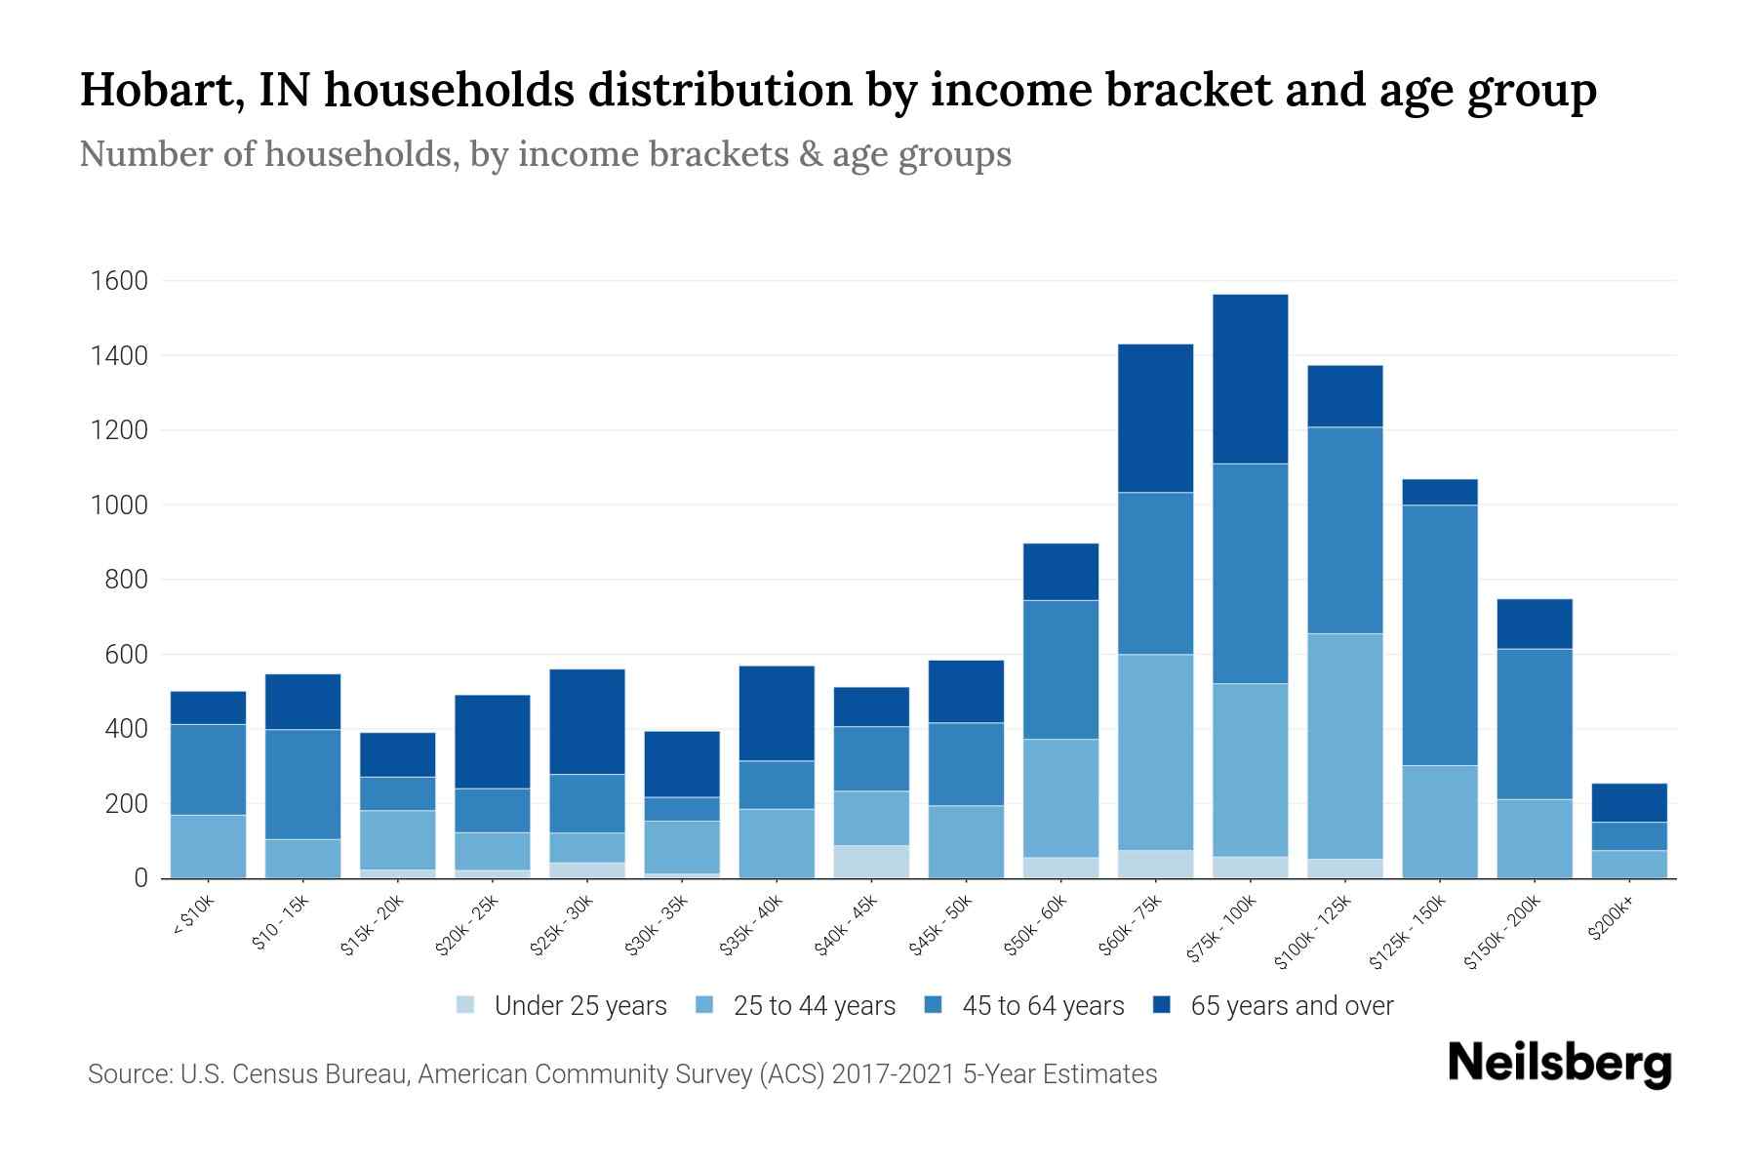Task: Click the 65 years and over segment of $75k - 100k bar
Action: [x=1250, y=379]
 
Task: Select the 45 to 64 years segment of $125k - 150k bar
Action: [x=1440, y=634]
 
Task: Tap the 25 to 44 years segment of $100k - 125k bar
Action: [x=1345, y=746]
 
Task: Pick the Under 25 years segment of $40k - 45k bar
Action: [x=871, y=862]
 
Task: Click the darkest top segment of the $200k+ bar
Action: [x=1629, y=802]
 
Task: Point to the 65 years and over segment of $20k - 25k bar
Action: [x=493, y=741]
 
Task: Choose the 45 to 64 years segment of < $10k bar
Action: [x=208, y=769]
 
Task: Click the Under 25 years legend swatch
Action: [x=466, y=1005]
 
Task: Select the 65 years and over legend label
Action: [x=1292, y=1006]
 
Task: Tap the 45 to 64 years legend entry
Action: [x=1042, y=1006]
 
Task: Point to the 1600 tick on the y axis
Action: [x=119, y=281]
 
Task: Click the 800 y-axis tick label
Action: [x=126, y=580]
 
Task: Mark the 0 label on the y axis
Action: [x=140, y=878]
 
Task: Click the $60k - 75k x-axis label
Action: [x=1131, y=924]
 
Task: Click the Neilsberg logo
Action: [x=1559, y=1063]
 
